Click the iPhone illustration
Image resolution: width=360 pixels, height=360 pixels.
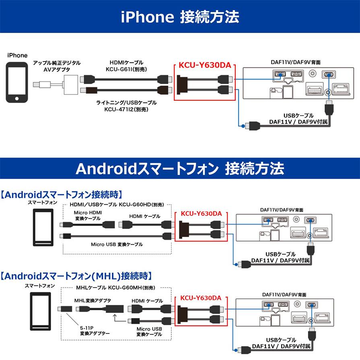coord(17,82)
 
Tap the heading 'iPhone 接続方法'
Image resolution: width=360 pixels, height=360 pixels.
coord(180,16)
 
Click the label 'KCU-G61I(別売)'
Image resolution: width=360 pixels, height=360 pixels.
coord(126,69)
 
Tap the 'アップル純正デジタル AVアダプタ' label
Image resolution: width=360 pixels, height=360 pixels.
coord(57,66)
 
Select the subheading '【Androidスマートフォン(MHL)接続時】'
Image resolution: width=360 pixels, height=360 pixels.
coord(76,276)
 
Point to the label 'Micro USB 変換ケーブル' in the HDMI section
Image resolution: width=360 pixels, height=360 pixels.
coord(117,244)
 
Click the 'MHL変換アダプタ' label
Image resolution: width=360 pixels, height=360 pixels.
coord(93,300)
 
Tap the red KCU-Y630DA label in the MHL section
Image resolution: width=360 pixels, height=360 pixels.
coord(201,298)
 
